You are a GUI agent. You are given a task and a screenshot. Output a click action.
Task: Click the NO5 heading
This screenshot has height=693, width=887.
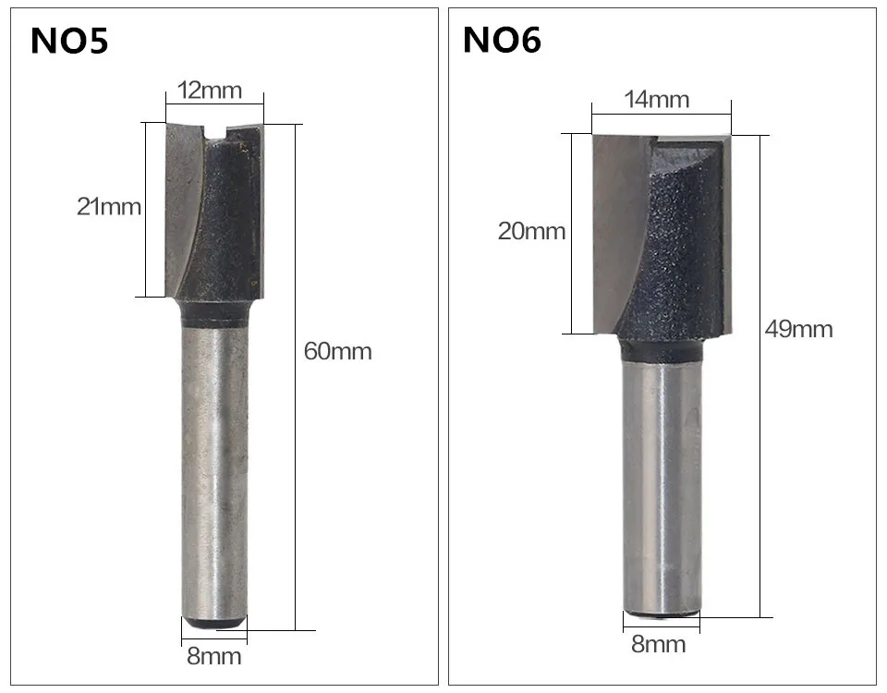[69, 41]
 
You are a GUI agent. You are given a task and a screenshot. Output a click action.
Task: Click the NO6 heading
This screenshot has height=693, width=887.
[502, 40]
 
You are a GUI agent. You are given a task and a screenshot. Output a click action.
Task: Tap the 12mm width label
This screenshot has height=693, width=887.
[210, 91]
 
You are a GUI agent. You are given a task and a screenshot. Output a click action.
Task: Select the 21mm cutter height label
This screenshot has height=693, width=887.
[109, 206]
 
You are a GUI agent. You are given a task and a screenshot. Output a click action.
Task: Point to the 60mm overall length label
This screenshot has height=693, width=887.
[338, 351]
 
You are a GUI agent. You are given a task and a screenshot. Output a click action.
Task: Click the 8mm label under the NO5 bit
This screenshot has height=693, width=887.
[213, 656]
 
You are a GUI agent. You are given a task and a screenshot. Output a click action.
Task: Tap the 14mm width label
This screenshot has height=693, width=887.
[657, 100]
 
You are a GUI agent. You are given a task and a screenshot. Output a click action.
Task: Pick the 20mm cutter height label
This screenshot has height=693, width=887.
[532, 231]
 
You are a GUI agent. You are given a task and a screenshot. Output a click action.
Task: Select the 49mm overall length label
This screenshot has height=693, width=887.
[798, 329]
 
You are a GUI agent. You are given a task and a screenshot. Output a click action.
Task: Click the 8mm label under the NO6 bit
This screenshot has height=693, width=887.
[659, 644]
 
